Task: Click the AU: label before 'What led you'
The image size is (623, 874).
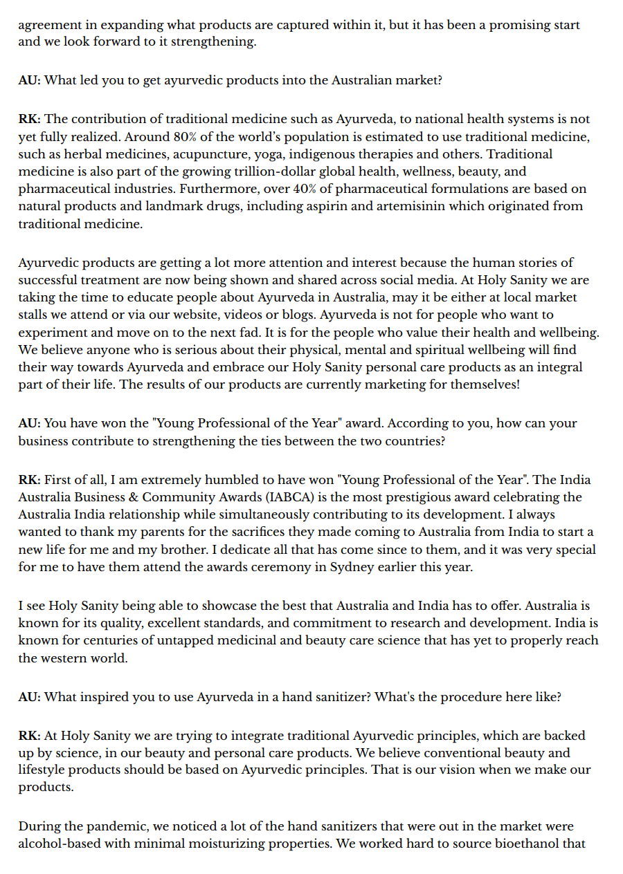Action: coord(29,80)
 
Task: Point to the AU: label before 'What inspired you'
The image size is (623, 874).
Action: coord(29,696)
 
